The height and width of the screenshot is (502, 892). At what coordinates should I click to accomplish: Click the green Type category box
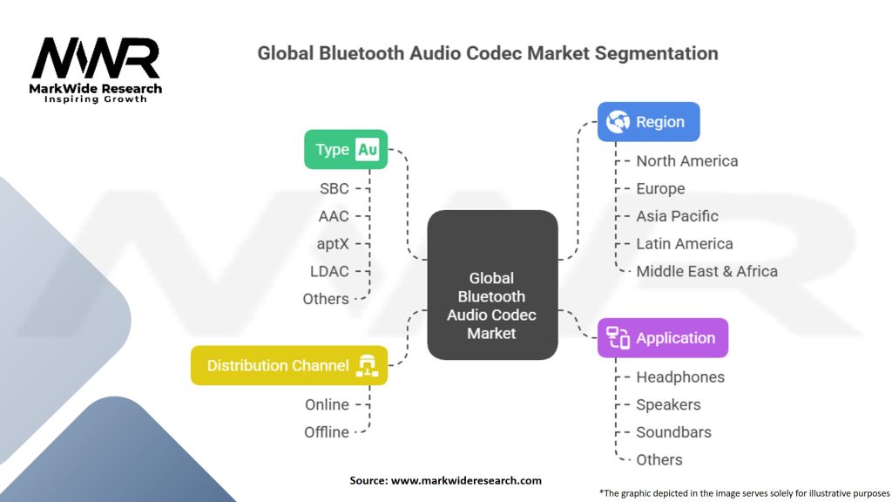point(345,150)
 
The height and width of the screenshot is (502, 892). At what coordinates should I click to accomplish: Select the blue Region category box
point(648,122)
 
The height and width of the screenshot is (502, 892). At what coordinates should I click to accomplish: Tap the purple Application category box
point(662,338)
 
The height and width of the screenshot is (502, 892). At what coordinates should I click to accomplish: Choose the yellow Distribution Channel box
point(288,366)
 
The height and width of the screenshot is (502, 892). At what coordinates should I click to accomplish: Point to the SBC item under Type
point(334,188)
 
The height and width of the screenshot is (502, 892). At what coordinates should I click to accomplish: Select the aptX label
point(333,243)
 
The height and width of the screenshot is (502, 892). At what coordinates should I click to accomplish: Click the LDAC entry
point(329,271)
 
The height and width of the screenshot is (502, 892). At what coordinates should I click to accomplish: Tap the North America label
point(686,161)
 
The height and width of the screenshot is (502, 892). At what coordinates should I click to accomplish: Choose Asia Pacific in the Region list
point(677,216)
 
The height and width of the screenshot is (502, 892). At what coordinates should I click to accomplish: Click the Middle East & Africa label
point(706,271)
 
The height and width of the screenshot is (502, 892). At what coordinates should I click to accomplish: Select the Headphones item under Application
point(679,377)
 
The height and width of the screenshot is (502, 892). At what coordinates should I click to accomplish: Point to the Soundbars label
point(673,432)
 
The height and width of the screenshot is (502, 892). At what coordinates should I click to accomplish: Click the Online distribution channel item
point(327,404)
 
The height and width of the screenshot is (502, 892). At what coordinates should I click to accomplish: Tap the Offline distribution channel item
point(327,432)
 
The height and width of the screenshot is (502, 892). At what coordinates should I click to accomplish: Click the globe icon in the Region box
point(618,122)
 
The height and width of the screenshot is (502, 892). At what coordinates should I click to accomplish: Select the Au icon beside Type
point(368,150)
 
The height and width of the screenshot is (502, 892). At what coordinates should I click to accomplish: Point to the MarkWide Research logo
point(96,70)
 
